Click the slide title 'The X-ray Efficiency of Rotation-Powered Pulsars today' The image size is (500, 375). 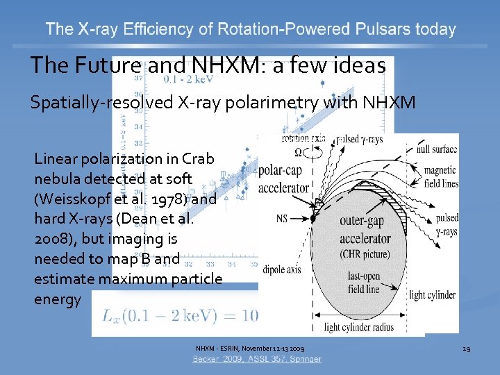tap(251, 29)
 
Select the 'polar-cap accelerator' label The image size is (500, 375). tap(283, 178)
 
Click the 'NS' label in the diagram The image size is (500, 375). tap(281, 218)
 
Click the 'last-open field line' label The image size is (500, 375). tap(363, 283)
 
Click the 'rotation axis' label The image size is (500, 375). tap(303, 138)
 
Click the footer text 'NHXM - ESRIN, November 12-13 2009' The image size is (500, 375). tap(249, 348)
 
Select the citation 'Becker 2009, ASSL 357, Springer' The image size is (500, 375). tap(257, 359)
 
